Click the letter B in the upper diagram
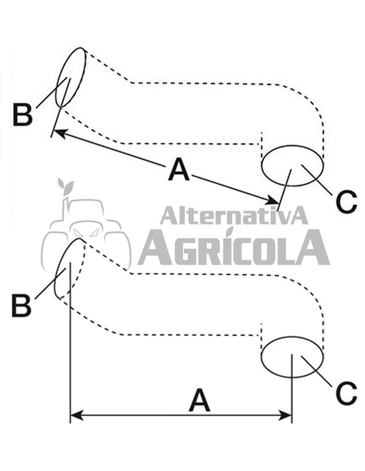23,115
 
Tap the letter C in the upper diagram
346,201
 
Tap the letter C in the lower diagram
346,393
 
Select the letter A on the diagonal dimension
179,170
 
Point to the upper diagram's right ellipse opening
292,165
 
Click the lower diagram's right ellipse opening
292,357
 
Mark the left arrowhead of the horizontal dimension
76,415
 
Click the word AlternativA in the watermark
234,216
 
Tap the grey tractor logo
86,232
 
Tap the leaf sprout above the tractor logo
65,185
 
